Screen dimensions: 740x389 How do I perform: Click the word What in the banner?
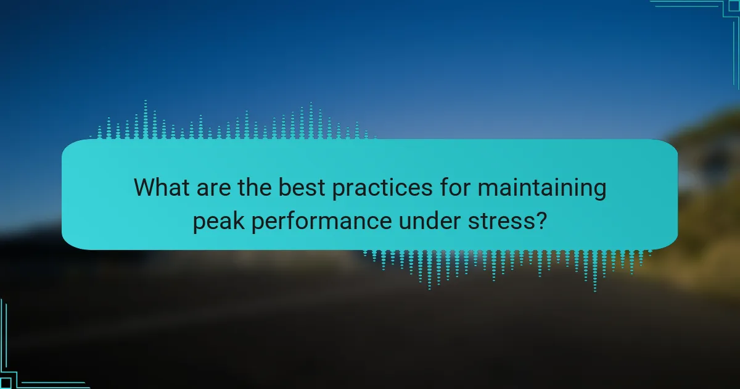pyautogui.click(x=162, y=187)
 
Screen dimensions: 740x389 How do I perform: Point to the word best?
pyautogui.click(x=302, y=187)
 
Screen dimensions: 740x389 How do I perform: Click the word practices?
pyautogui.click(x=382, y=189)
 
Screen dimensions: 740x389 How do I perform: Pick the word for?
pyautogui.click(x=455, y=187)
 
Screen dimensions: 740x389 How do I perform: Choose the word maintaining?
pyautogui.click(x=542, y=189)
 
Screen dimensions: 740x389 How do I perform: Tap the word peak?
pyautogui.click(x=219, y=222)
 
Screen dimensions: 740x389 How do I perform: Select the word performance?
pyautogui.click(x=321, y=222)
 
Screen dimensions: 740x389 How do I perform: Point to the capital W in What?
pyautogui.click(x=145, y=187)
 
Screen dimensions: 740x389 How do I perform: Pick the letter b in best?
pyautogui.click(x=286, y=187)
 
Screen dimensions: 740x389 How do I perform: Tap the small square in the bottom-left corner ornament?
pyautogui.click(x=6, y=383)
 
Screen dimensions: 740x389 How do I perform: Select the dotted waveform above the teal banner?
pyautogui.click(x=233, y=120)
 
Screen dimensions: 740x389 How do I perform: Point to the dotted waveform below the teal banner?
pyautogui.click(x=507, y=270)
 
